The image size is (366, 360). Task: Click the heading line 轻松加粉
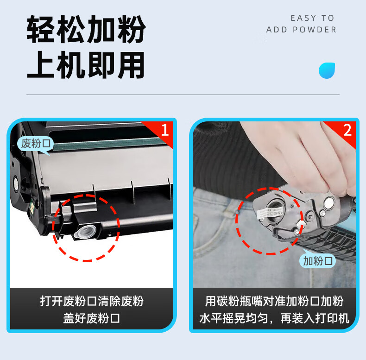click(x=86, y=29)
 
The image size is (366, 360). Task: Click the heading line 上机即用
click(x=86, y=65)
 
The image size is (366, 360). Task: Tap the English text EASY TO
click(x=312, y=18)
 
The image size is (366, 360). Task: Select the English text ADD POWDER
click(x=301, y=30)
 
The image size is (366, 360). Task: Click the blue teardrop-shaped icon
click(x=327, y=70)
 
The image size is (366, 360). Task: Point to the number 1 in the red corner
click(x=165, y=130)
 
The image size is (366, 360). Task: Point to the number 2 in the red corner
click(x=347, y=130)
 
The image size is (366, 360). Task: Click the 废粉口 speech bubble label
click(x=36, y=143)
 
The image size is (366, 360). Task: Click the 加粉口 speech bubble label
click(x=317, y=261)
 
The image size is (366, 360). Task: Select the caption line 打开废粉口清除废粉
click(x=92, y=301)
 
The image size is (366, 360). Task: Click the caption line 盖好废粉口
click(x=92, y=318)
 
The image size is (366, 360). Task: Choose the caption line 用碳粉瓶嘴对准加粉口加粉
click(x=274, y=301)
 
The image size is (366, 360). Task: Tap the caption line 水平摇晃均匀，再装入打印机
click(x=274, y=318)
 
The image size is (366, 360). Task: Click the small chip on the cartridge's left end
click(x=32, y=208)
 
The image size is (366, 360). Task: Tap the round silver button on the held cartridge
click(x=329, y=203)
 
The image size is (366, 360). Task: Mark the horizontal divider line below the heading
click(x=183, y=95)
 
